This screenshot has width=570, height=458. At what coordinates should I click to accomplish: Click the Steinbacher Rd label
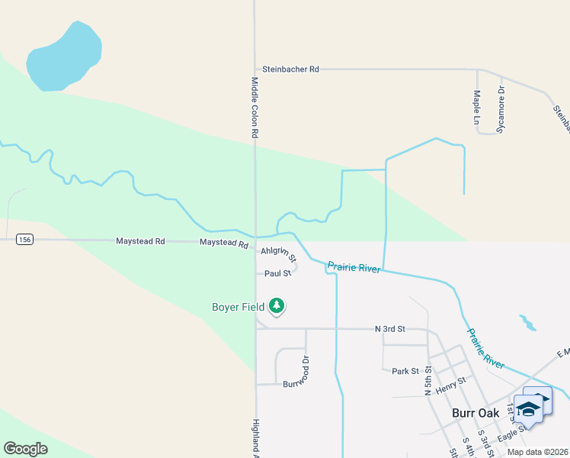coord(290,69)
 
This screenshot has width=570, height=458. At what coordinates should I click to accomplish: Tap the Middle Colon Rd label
coord(255,107)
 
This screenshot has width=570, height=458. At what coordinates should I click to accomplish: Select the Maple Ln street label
coord(476,108)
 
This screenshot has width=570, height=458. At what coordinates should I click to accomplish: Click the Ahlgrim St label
coord(278,253)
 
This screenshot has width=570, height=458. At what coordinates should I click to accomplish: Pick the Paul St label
coord(278,273)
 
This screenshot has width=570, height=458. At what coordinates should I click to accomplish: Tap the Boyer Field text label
coord(238,308)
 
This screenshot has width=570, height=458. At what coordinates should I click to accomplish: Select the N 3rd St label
coord(390,329)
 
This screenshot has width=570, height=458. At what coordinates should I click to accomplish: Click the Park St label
coord(405,372)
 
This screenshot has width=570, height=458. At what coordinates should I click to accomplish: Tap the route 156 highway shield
coord(25,240)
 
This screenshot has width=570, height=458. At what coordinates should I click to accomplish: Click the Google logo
coord(25,449)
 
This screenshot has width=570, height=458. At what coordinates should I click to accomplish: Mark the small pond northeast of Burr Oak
coord(527,321)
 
